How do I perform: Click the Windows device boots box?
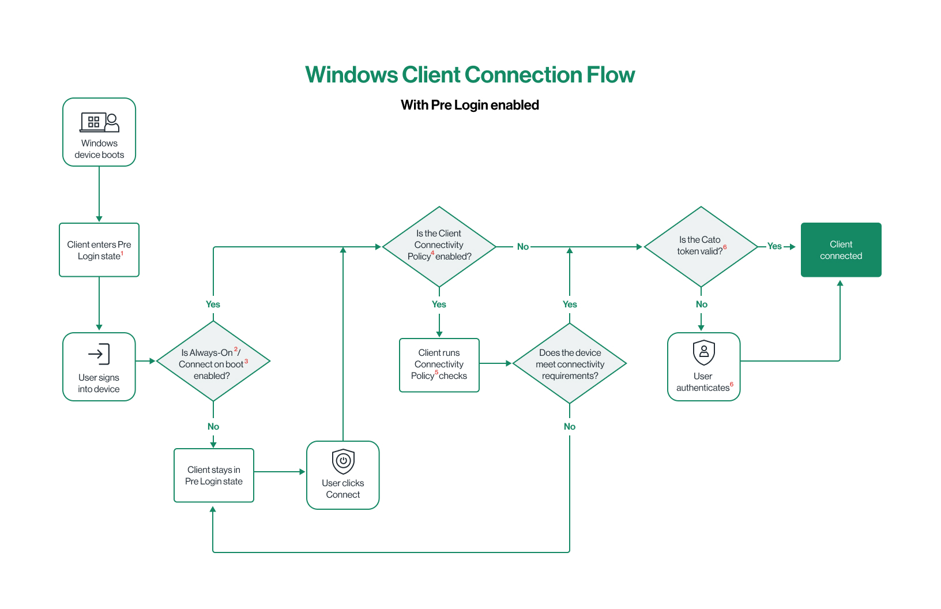click(x=99, y=132)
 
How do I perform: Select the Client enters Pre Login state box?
click(x=99, y=250)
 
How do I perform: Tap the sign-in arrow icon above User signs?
click(x=99, y=354)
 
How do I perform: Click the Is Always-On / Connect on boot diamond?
click(x=213, y=362)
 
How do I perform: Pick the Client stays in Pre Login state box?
click(x=214, y=475)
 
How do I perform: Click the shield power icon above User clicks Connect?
click(x=343, y=461)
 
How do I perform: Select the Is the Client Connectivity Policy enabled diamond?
click(x=439, y=246)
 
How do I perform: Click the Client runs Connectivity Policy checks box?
click(x=439, y=365)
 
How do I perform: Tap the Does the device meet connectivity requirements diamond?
click(x=570, y=363)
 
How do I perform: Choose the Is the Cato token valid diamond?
click(x=701, y=246)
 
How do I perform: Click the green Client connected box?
click(x=841, y=250)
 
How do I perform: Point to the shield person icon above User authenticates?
click(x=703, y=352)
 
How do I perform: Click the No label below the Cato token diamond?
click(x=702, y=304)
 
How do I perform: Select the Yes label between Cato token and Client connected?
click(x=774, y=246)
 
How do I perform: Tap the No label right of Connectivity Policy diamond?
click(x=523, y=247)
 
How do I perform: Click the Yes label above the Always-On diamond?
click(x=213, y=304)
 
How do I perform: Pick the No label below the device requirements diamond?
click(x=570, y=427)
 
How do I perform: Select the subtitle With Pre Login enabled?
click(x=470, y=105)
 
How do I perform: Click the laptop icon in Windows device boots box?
click(x=93, y=122)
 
